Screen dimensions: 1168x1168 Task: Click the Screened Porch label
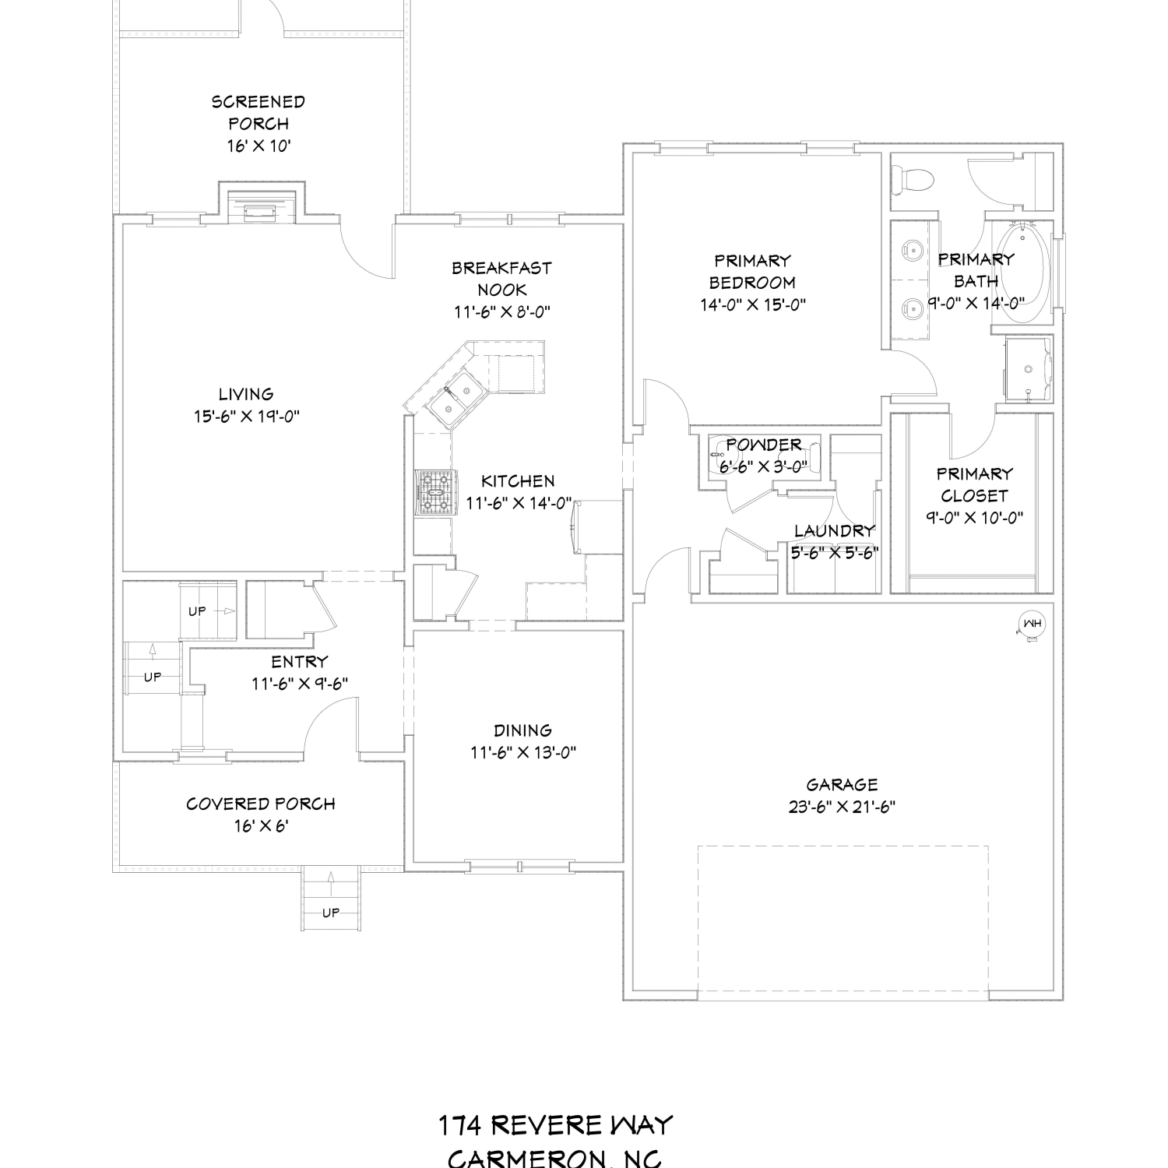click(259, 112)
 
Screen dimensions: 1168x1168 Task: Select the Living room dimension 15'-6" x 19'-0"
click(247, 417)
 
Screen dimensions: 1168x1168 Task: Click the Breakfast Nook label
click(502, 279)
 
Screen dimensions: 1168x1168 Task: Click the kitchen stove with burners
click(433, 493)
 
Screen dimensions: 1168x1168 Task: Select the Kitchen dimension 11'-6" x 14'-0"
click(519, 504)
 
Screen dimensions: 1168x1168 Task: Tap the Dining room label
click(522, 730)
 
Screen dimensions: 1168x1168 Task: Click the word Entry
click(300, 662)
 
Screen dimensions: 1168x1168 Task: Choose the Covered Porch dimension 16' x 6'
click(260, 825)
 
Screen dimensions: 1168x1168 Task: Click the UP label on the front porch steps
click(331, 913)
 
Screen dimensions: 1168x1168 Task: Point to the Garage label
click(842, 785)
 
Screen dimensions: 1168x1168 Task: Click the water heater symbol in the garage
click(1033, 624)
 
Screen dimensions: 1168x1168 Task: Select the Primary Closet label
click(975, 484)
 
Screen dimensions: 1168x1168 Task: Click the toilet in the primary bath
click(913, 181)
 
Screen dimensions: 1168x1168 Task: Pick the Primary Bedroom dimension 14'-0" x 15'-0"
click(752, 304)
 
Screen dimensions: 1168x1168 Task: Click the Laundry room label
click(835, 531)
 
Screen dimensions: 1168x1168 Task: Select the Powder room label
click(764, 445)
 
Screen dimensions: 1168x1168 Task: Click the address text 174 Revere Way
click(554, 1125)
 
